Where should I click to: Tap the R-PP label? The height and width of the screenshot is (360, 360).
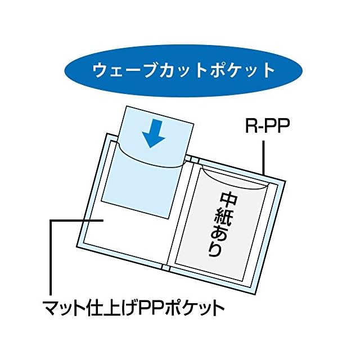(267, 125)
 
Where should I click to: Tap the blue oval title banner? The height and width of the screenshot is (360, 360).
(183, 70)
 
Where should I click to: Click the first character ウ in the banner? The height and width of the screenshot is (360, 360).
(101, 70)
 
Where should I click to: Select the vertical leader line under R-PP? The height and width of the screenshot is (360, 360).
(264, 157)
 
